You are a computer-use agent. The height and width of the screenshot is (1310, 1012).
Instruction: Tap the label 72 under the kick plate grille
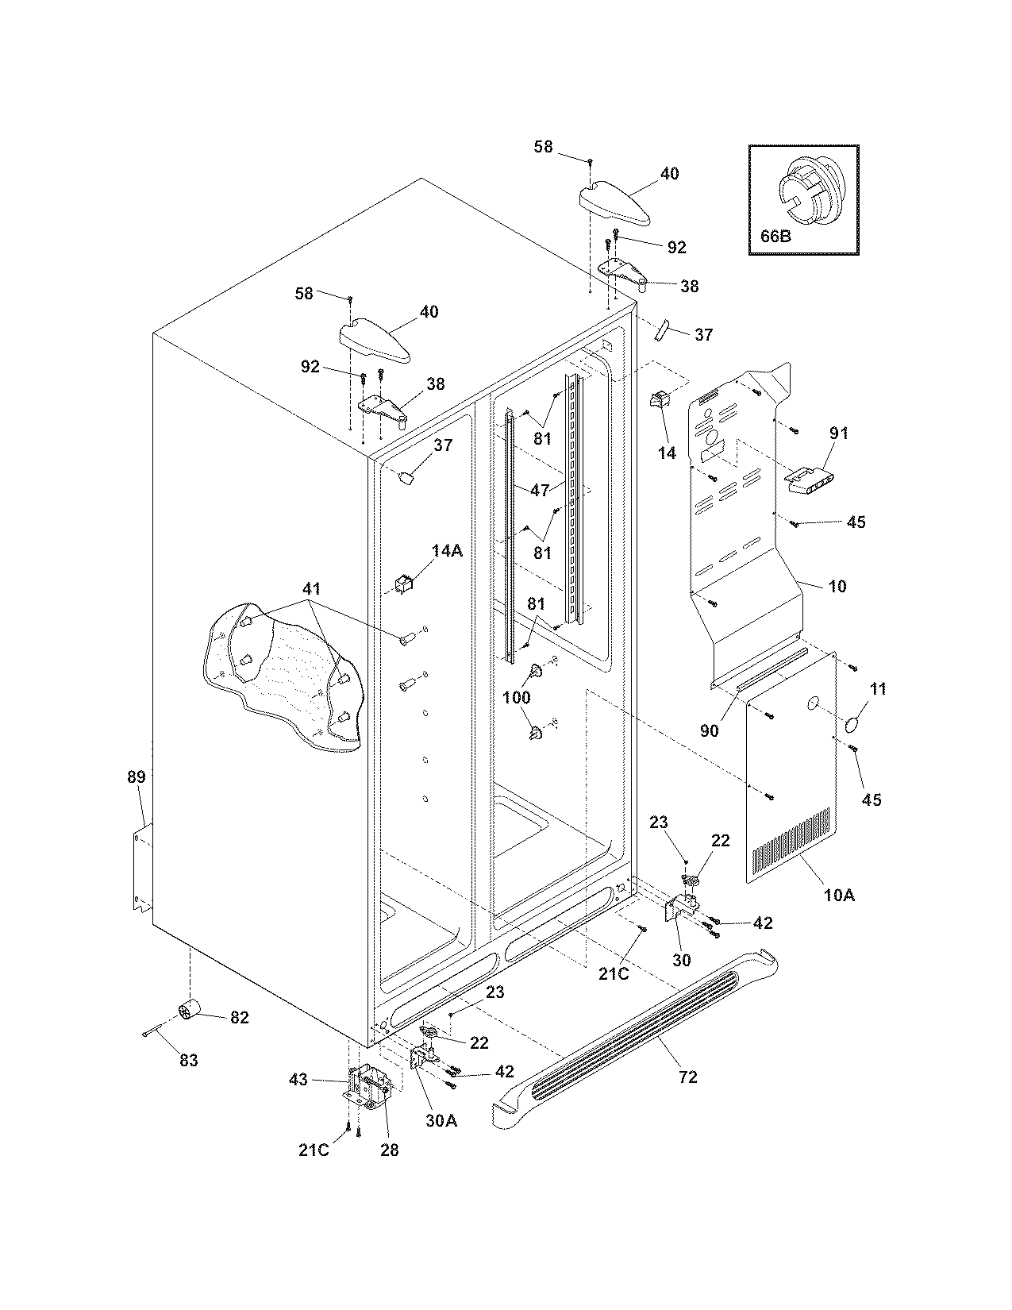click(x=687, y=1077)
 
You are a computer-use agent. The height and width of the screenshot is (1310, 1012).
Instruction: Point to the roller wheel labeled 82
click(x=190, y=1011)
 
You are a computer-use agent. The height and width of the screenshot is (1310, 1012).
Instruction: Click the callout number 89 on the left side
click(x=137, y=776)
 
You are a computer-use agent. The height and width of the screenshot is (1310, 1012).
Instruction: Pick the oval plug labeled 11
click(x=854, y=724)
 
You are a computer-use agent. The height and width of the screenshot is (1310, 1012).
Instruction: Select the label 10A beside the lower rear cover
click(x=839, y=895)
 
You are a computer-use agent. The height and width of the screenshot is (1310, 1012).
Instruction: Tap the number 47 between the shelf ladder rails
click(x=541, y=490)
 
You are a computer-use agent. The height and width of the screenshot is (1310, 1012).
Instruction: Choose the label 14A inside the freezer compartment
click(x=447, y=550)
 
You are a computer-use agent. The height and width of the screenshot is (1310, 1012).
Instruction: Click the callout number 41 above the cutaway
click(x=311, y=589)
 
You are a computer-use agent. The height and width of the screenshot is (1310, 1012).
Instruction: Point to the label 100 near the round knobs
click(x=516, y=697)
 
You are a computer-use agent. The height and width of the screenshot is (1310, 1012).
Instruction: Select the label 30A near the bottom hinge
click(x=441, y=1120)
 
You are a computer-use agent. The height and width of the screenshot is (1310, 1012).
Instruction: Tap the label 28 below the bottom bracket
click(x=389, y=1150)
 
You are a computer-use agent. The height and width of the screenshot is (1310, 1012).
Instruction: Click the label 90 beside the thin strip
click(x=709, y=730)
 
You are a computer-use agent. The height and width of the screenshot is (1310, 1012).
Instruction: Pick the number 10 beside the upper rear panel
click(x=837, y=586)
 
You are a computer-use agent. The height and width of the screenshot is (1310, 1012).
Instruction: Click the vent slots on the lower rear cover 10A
click(x=791, y=844)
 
